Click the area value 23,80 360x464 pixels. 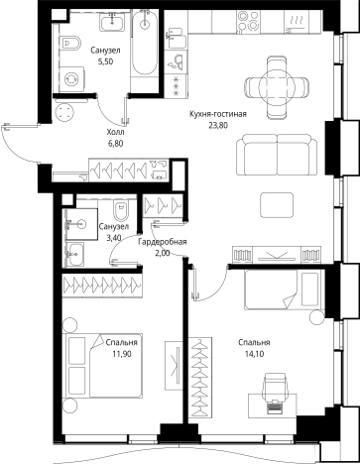[x=218, y=125]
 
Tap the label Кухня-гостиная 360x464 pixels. [x=218, y=114]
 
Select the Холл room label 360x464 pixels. [x=115, y=133]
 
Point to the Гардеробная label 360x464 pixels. [x=163, y=242]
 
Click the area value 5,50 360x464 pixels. [x=106, y=61]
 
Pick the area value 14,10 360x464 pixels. [x=254, y=354]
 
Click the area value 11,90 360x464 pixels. [x=122, y=354]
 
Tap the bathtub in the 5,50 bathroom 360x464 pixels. [x=144, y=43]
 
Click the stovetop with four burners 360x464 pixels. [x=248, y=21]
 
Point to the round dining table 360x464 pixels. [x=276, y=87]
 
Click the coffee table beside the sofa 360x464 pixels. [x=277, y=205]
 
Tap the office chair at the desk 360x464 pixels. [x=274, y=387]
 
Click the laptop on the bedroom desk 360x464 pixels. [x=274, y=406]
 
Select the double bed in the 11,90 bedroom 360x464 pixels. [x=104, y=365]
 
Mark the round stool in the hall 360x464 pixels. [x=64, y=112]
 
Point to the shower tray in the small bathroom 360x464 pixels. [x=80, y=224]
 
